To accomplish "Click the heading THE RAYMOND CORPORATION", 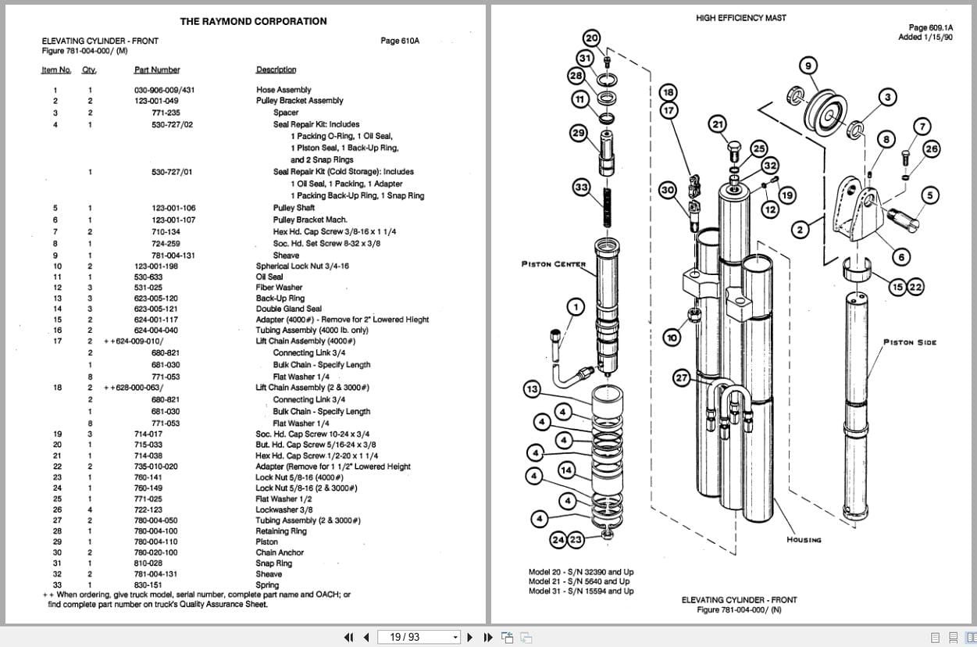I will click(253, 21).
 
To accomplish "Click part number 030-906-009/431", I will click(164, 90).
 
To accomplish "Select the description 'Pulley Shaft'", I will click(294, 208).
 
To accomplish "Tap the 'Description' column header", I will click(276, 70).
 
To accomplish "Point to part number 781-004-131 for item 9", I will click(173, 255).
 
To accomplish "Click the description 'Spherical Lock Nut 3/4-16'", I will click(302, 266).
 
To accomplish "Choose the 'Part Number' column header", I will click(156, 70).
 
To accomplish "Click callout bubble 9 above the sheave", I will click(808, 65).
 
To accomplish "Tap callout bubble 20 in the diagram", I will click(591, 38).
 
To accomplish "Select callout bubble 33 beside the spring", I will click(581, 188).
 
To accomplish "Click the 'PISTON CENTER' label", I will click(553, 264).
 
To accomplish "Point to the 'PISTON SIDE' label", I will click(909, 342).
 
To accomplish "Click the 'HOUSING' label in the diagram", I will click(804, 540).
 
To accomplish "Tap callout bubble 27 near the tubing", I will click(682, 378).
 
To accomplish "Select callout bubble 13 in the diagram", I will click(531, 389).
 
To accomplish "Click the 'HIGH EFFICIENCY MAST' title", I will click(740, 17).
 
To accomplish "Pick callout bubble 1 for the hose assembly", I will click(575, 307).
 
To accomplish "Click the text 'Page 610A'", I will click(400, 41).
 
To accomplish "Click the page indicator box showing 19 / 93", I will click(419, 637).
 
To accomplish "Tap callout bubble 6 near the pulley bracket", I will click(900, 258).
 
